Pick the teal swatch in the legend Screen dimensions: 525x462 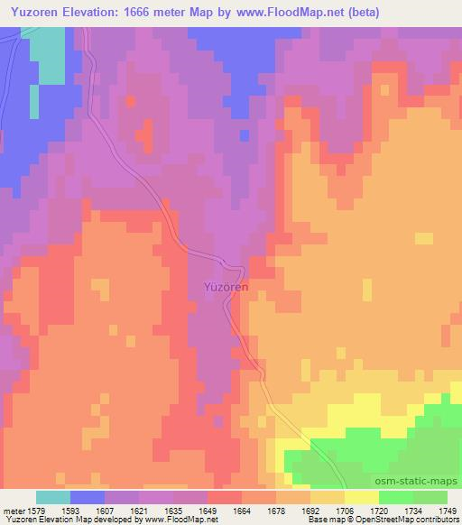(53, 497)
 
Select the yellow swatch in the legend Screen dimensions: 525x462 (362, 497)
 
